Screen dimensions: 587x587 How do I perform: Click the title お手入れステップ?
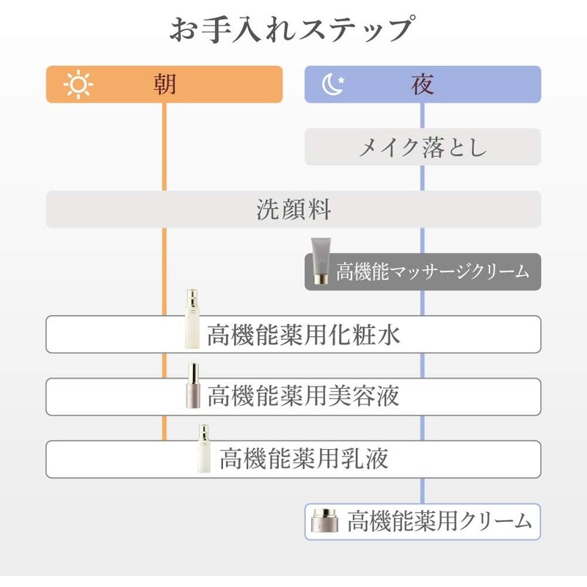(293, 31)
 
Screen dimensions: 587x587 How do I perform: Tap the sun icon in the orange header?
(79, 84)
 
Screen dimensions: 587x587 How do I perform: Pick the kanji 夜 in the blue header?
(423, 84)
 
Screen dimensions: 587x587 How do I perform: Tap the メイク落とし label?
(423, 147)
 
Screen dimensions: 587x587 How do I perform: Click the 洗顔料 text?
(293, 210)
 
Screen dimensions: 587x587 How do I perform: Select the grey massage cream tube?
(321, 260)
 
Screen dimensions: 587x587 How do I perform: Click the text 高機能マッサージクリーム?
(433, 271)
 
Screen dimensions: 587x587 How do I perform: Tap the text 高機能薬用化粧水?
(304, 335)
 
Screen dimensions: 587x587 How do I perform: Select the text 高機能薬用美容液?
(304, 397)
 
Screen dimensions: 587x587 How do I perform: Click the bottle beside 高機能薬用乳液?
(203, 449)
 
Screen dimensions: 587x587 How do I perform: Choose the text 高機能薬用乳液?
(304, 459)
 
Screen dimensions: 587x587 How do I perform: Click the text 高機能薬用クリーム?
(439, 522)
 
